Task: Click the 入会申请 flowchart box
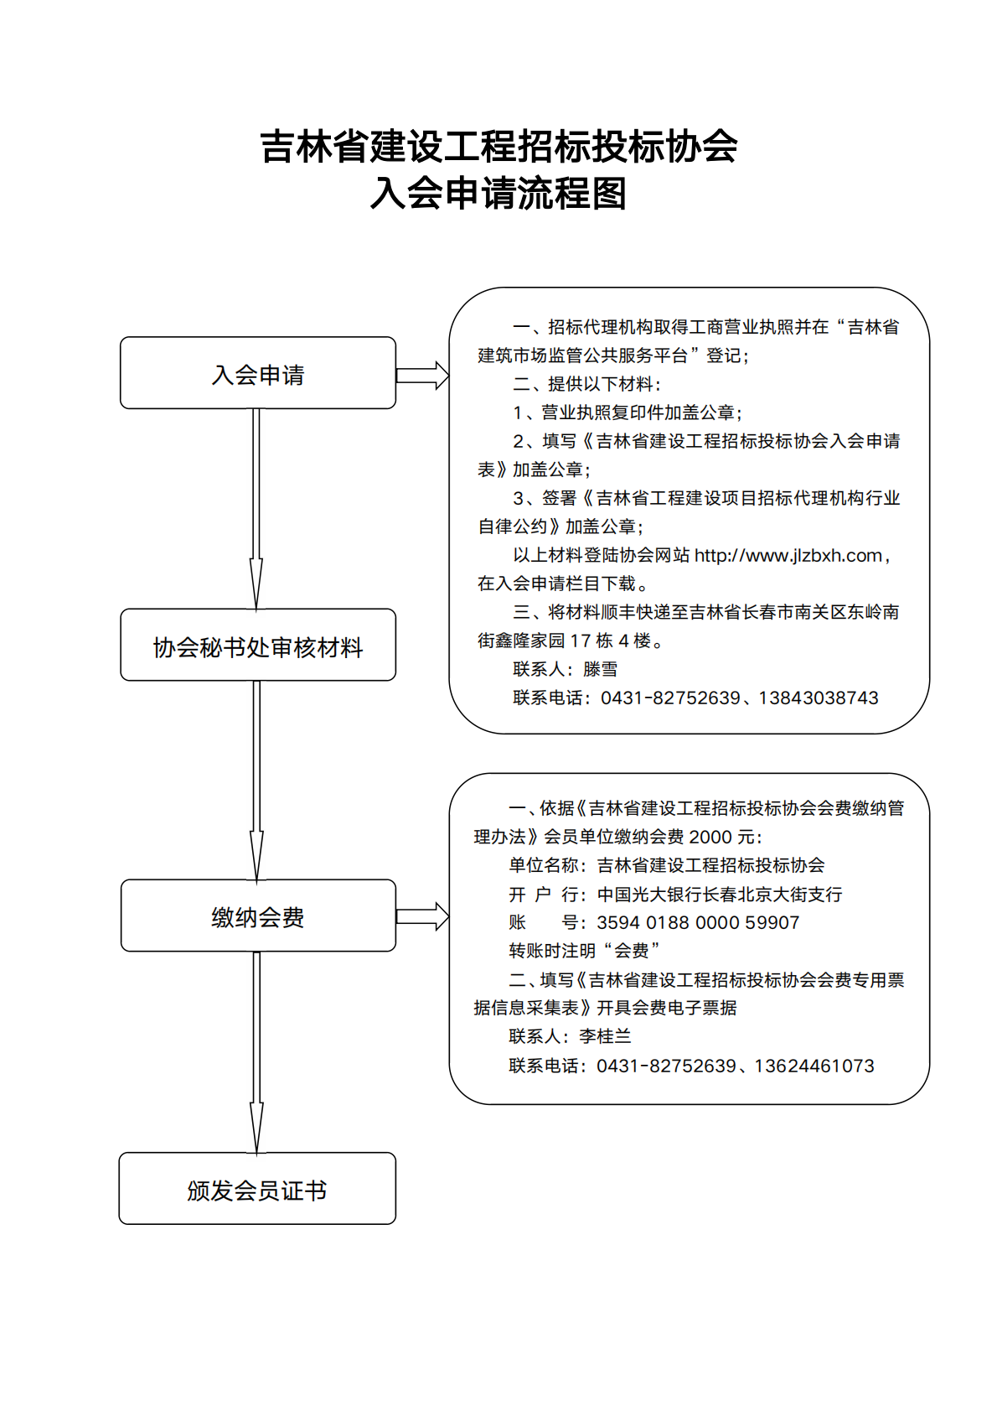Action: [x=258, y=373]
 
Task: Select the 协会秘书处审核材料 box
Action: [x=258, y=645]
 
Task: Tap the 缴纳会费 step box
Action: [x=258, y=916]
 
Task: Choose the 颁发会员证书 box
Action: [x=257, y=1189]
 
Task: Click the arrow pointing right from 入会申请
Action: [x=422, y=376]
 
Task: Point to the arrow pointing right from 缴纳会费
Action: [x=422, y=916]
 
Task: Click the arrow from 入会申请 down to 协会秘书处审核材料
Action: [x=256, y=509]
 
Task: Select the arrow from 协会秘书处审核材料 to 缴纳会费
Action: [x=256, y=781]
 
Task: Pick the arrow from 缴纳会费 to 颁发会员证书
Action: [x=256, y=1052]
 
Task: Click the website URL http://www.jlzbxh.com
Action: [x=788, y=556]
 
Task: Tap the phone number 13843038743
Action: [x=819, y=698]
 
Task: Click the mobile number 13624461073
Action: [x=814, y=1066]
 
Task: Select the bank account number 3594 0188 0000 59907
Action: [x=698, y=923]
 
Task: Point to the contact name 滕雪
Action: [x=601, y=669]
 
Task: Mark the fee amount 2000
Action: [x=710, y=838]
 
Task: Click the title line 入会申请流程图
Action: [x=498, y=193]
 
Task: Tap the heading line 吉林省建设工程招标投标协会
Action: [x=498, y=146]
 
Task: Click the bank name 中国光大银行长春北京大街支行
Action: [x=720, y=895]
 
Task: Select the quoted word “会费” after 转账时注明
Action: [x=632, y=951]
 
